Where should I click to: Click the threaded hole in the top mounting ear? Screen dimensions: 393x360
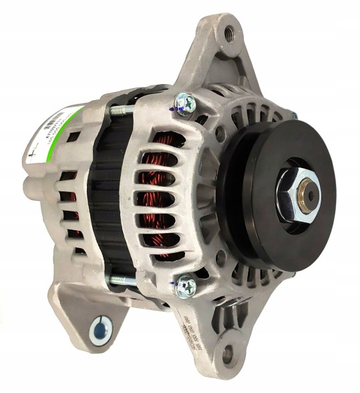click(230, 31)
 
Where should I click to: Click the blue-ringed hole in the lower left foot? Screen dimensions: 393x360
click(101, 330)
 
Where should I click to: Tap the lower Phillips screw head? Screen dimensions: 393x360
click(186, 286)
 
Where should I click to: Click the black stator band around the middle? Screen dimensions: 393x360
click(107, 200)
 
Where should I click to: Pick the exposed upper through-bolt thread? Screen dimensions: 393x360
click(123, 111)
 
